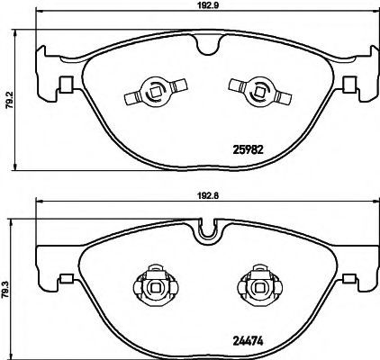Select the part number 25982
(x=248, y=149)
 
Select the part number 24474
(x=248, y=340)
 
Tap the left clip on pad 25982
(x=156, y=91)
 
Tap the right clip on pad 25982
(x=260, y=91)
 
